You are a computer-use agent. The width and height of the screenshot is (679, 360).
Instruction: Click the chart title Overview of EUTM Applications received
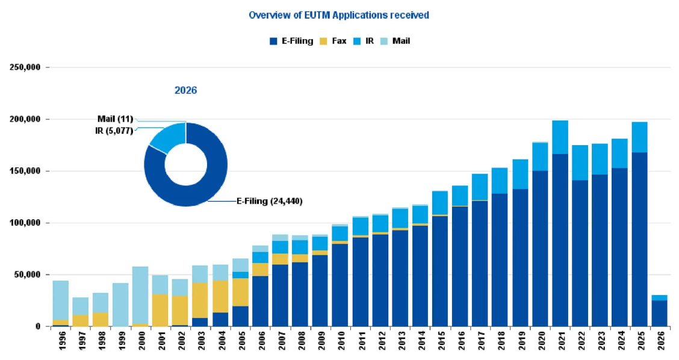coord(339,15)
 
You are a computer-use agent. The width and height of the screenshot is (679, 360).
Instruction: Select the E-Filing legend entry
coord(291,41)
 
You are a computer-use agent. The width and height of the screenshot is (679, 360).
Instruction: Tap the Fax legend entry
coord(333,41)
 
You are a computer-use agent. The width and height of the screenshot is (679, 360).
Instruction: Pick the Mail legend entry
coord(395,41)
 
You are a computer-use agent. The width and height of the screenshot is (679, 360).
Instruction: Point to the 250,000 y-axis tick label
coord(25,67)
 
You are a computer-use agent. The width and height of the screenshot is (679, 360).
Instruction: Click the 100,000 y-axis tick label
coord(25,223)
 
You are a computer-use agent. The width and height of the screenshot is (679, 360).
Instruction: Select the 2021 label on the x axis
coord(560,341)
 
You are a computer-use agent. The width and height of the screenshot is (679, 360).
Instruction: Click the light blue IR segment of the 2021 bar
coord(560,137)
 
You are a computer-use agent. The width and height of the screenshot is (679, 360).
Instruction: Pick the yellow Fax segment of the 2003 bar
coord(200,300)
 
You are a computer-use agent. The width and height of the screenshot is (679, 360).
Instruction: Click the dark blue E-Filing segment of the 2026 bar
coord(660,313)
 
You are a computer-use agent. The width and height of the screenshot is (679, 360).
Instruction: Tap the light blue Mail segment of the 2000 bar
coord(140,295)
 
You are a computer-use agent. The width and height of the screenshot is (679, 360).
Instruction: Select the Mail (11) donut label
coord(115,119)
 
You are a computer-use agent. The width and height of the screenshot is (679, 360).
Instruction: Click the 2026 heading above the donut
coord(186,90)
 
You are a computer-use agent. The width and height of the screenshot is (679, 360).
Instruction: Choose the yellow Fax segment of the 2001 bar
coord(160,310)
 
